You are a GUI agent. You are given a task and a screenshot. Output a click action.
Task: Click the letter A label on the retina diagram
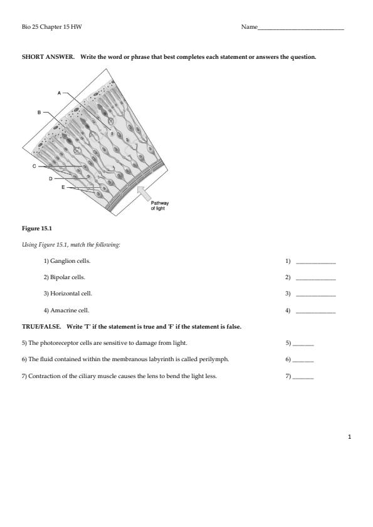pos(60,93)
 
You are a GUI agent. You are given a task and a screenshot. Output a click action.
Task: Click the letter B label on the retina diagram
pos(39,113)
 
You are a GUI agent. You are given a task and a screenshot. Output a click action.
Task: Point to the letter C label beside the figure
pos(34,166)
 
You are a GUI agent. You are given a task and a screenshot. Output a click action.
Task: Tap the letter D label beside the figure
pos(51,179)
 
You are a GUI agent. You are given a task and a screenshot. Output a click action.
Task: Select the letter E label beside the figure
pos(63,187)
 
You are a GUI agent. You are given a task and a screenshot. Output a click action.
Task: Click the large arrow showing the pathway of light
pos(145,193)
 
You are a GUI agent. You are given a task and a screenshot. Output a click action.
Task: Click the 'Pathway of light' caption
pos(160,206)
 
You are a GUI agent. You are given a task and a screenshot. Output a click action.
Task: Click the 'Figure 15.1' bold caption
pos(37,228)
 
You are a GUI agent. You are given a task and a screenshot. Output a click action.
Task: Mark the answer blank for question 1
pos(316,263)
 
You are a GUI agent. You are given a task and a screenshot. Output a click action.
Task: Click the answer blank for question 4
pos(316,312)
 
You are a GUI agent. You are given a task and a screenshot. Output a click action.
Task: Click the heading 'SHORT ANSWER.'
pos(48,57)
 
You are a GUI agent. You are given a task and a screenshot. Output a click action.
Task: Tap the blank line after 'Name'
pos(301,29)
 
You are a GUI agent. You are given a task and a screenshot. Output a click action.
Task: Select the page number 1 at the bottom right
pos(349,437)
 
